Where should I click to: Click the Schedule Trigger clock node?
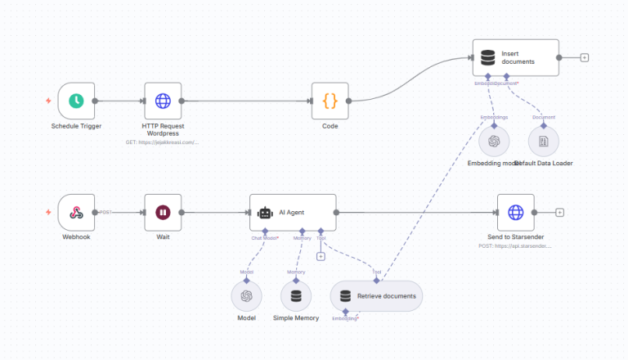click(76, 101)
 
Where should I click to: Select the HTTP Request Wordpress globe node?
click(163, 101)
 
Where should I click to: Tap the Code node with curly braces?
click(330, 101)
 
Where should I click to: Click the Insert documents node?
click(515, 58)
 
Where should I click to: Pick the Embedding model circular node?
click(494, 141)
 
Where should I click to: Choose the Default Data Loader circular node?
click(543, 141)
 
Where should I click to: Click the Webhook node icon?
click(76, 213)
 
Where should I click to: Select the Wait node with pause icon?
click(163, 213)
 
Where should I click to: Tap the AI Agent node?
click(293, 213)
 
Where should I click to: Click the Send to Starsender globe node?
click(515, 213)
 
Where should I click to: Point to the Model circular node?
click(247, 295)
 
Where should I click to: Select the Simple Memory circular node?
click(296, 295)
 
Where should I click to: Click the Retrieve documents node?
click(376, 295)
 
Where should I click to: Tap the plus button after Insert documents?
click(584, 58)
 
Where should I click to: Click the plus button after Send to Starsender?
click(560, 213)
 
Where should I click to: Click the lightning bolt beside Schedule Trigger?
click(49, 101)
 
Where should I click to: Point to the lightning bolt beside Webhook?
click(49, 213)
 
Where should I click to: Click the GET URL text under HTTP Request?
click(162, 142)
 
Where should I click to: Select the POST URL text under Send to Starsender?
click(515, 245)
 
